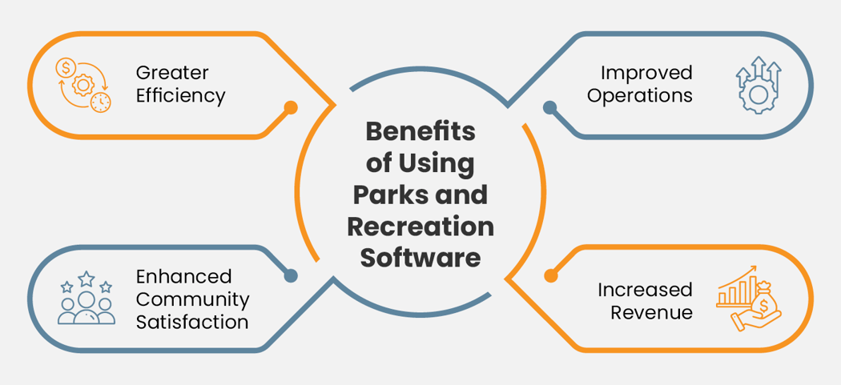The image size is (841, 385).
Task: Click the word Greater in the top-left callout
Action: [x=172, y=73]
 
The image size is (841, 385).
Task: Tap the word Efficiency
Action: [x=180, y=97]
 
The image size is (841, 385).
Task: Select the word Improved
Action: [x=646, y=73]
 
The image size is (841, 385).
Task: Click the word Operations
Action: [x=639, y=96]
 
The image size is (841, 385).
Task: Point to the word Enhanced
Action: [x=183, y=276]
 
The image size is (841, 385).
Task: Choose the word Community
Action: [x=192, y=299]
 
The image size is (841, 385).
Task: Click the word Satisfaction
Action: [x=191, y=323]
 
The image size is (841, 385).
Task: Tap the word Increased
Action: [x=645, y=289]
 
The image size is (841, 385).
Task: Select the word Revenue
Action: [x=651, y=312]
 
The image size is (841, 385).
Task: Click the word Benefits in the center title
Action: [x=420, y=132]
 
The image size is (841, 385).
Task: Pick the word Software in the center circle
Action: [x=420, y=259]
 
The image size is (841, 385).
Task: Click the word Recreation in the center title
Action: [x=420, y=227]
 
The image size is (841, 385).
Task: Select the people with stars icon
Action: [x=86, y=299]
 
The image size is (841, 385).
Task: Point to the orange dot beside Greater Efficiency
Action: [x=291, y=107]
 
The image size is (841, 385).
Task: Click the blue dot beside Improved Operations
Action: [x=550, y=107]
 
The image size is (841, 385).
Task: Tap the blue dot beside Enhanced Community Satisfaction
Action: [x=291, y=275]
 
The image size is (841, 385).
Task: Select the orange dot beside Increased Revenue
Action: [x=550, y=275]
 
